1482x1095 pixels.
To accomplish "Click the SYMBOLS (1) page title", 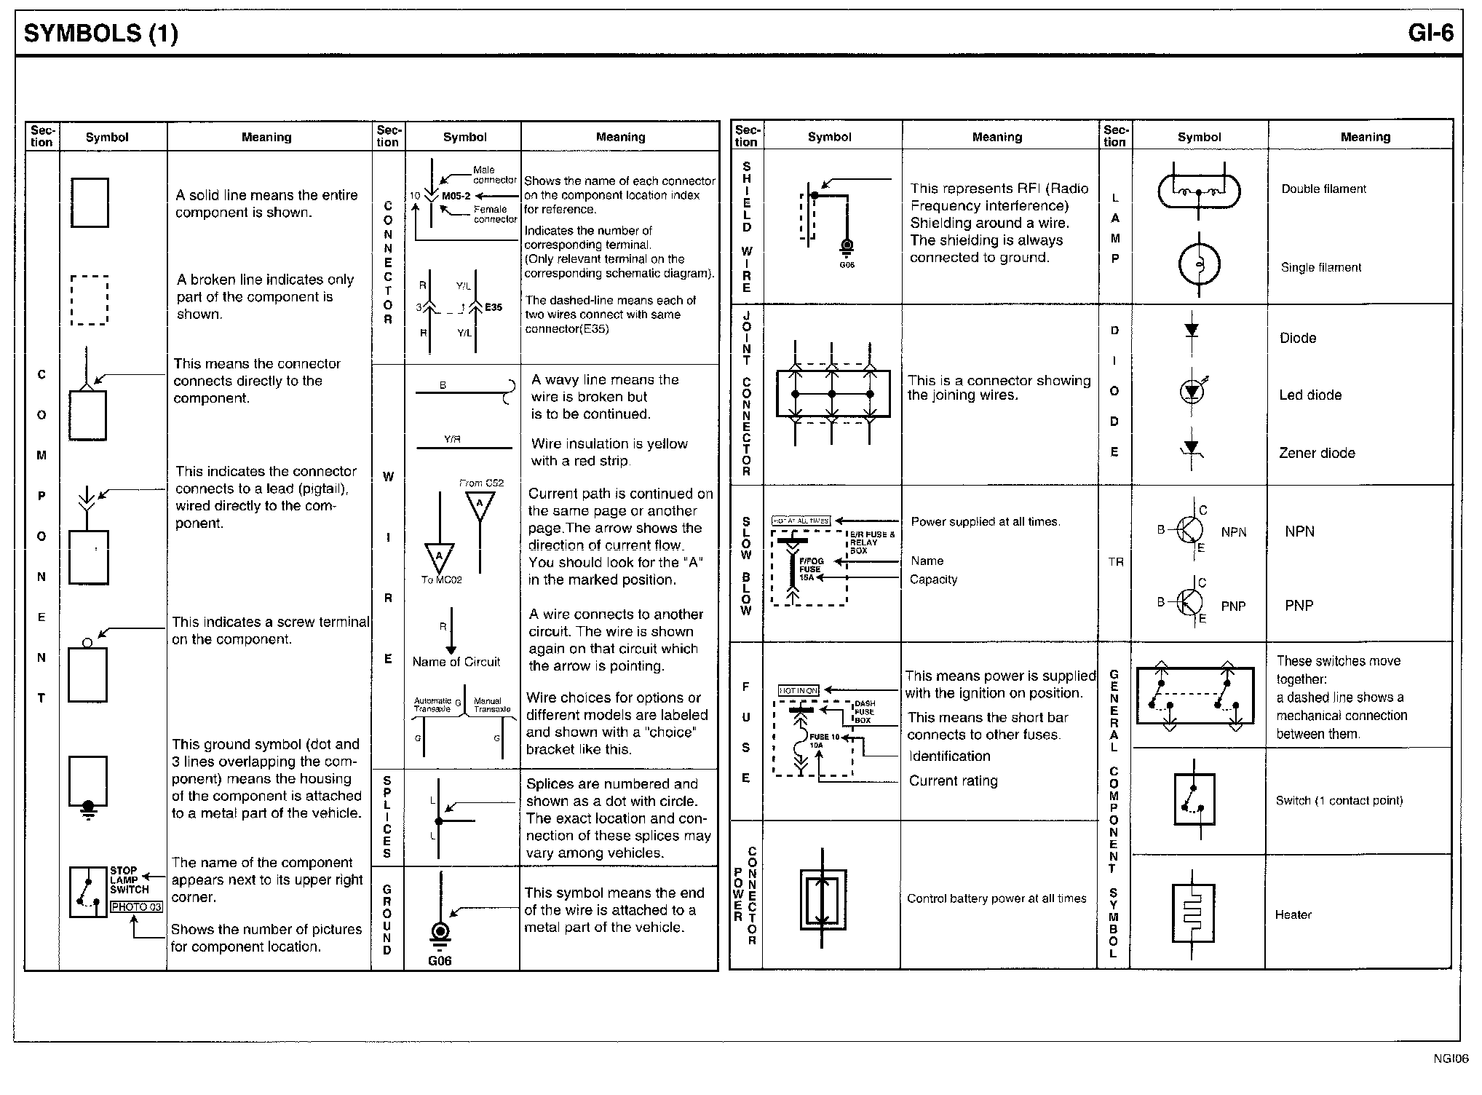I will coord(100,33).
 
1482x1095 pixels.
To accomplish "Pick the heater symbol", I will coord(1193,914).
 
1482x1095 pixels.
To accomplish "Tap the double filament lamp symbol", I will coord(1199,191).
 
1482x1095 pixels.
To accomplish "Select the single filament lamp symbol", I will coord(1199,265).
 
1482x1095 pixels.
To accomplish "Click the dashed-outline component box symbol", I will coord(90,300).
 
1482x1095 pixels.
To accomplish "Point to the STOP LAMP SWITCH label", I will coord(129,879).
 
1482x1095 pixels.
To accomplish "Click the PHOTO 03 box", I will coord(136,907).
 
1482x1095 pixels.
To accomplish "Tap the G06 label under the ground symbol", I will coord(440,961).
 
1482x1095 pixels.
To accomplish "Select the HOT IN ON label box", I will coord(799,690).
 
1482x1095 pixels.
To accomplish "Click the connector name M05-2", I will coord(456,196).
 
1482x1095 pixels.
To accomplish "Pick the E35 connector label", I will coord(494,307).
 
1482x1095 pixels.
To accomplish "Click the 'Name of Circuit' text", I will coord(456,662).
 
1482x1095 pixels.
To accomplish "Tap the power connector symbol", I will coord(823,899).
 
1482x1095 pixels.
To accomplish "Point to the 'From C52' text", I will coord(481,483).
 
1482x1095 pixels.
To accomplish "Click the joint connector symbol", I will coord(833,394).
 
